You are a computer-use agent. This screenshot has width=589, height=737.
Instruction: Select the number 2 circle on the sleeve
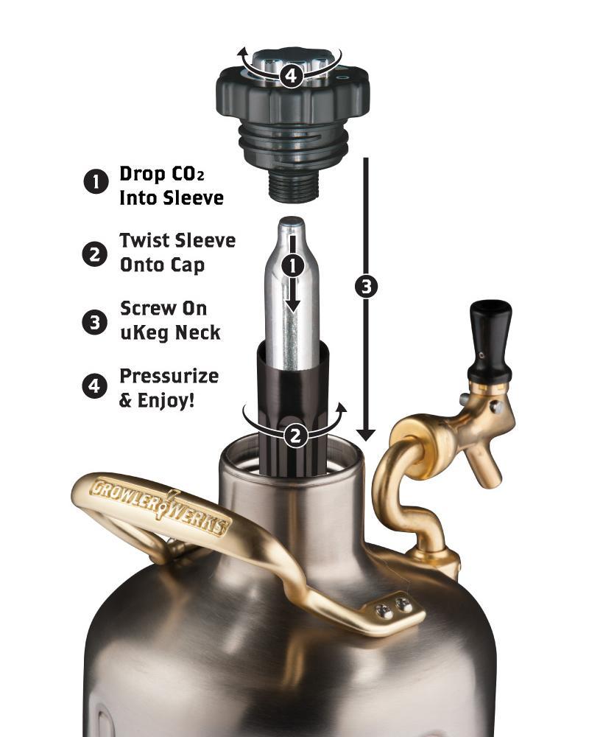(295, 436)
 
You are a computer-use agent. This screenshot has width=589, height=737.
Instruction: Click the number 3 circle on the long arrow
(366, 287)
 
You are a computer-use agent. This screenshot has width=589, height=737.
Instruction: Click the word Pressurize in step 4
(169, 376)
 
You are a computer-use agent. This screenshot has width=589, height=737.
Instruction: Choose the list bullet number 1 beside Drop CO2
(96, 183)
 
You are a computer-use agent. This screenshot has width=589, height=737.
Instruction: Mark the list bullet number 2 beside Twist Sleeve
(96, 253)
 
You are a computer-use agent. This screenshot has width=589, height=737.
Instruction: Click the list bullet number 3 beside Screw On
(96, 321)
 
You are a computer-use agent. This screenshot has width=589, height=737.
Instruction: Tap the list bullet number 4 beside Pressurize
(96, 387)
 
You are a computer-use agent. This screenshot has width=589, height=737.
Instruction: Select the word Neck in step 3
(198, 332)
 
